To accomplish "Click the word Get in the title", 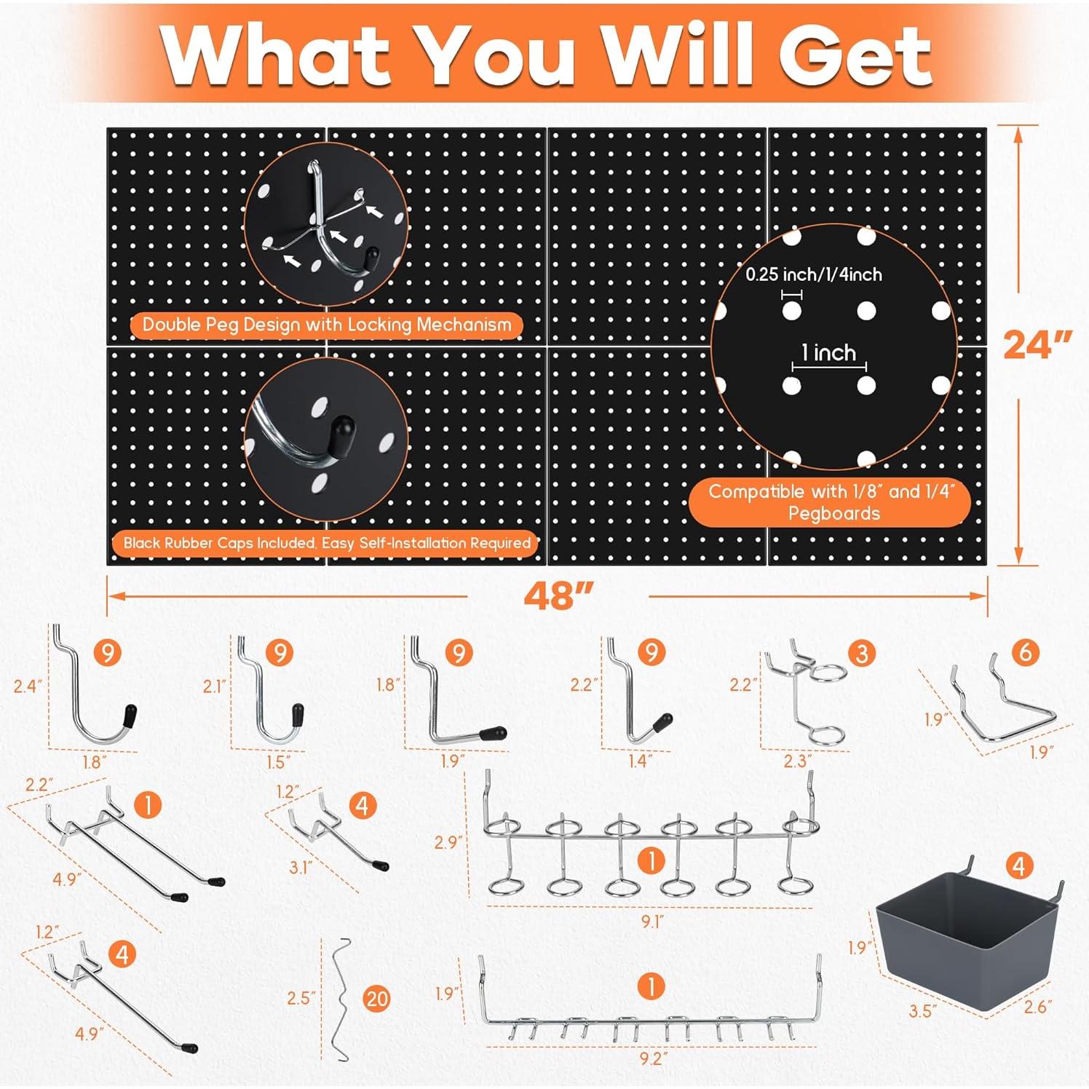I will pos(856,55).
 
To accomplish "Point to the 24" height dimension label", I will pos(1037,344).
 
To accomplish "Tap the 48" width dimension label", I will pos(558,596).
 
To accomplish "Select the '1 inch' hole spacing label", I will pos(828,353).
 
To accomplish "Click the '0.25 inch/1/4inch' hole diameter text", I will pos(813,274).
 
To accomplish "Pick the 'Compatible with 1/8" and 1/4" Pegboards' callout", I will pos(831,502).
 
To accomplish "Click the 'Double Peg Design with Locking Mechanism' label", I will pos(326,325).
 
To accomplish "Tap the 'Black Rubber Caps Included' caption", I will pos(326,543).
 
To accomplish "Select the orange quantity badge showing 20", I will pos(377,998).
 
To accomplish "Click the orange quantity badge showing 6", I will pos(1025,652).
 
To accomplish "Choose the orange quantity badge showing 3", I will pos(862,653).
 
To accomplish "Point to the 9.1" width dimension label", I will pos(652,922).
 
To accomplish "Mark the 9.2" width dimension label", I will pos(653,1058).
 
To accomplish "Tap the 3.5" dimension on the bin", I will pos(920,1011).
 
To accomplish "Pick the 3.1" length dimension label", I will pos(300,867).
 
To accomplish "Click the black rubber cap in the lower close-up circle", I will pos(341,435).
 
